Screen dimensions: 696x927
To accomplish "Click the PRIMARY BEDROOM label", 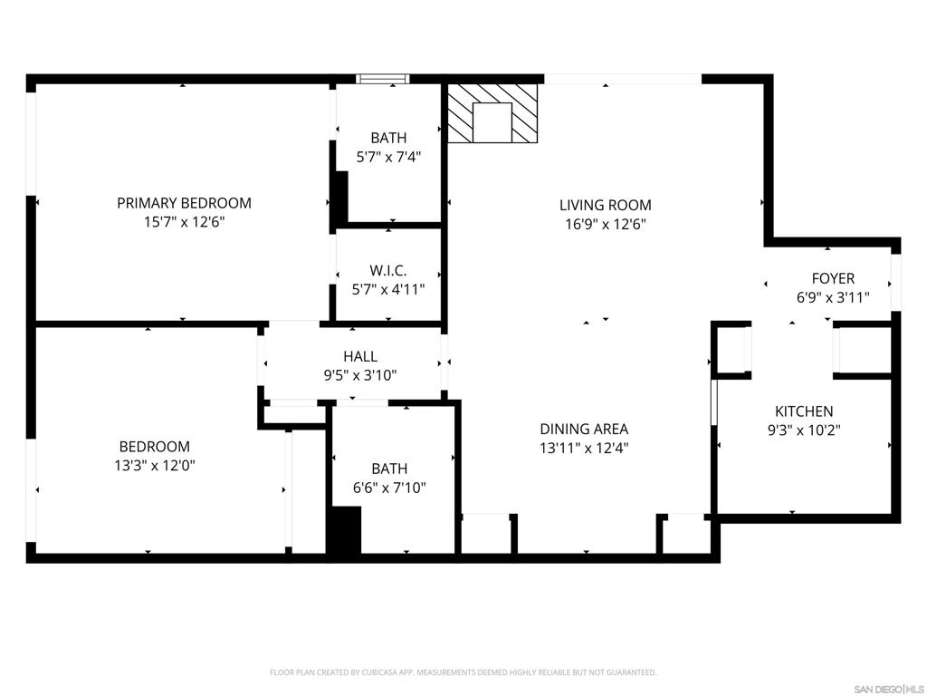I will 184,203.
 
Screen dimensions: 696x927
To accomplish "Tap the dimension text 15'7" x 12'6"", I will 184,222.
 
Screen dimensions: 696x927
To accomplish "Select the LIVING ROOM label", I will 605,205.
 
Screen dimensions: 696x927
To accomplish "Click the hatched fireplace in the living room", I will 492,113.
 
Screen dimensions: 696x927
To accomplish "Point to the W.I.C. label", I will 388,270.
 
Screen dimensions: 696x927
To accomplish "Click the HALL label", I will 360,356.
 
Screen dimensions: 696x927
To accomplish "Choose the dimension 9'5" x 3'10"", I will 360,375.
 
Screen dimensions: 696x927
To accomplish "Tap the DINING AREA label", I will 584,429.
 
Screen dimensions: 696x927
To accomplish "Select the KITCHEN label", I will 804,411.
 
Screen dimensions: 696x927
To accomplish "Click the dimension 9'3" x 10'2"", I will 804,430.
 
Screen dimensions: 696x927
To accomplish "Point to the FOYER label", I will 832,278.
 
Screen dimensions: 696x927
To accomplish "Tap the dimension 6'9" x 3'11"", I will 832,296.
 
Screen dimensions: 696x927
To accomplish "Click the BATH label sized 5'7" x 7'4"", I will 388,138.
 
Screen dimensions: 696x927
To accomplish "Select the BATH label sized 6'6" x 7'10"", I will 389,469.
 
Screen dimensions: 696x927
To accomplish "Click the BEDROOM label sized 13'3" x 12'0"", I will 155,446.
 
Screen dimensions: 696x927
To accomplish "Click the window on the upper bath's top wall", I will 383,79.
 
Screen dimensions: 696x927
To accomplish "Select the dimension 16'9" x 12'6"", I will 605,224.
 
